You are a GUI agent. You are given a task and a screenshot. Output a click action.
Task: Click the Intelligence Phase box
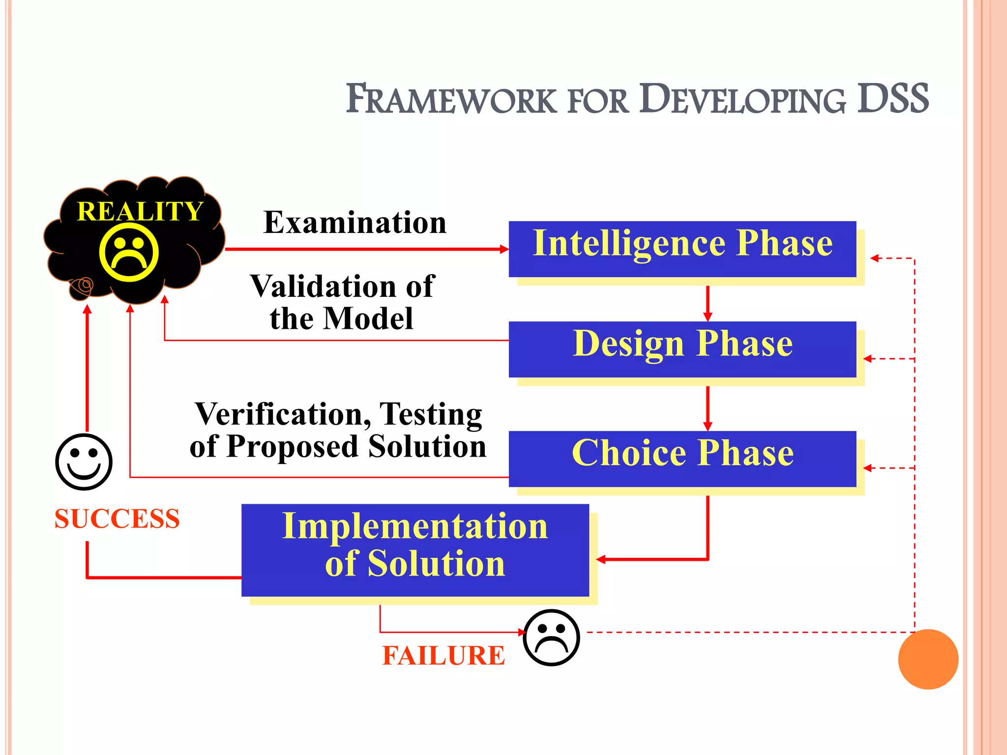click(x=682, y=249)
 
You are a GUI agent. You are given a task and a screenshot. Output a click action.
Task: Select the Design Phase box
click(x=682, y=349)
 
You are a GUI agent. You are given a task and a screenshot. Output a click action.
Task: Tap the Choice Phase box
click(x=682, y=458)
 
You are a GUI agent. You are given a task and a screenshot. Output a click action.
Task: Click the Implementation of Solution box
click(x=415, y=550)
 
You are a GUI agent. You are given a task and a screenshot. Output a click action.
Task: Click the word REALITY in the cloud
click(x=140, y=211)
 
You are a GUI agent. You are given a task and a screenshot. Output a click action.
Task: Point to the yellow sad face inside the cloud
click(x=129, y=253)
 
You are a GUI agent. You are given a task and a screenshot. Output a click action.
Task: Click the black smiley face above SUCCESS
click(x=84, y=462)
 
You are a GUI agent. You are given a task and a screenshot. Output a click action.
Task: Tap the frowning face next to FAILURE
click(x=551, y=638)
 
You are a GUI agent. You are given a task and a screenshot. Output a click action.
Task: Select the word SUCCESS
click(x=117, y=519)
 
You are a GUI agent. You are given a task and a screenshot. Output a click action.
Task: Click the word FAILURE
click(x=443, y=656)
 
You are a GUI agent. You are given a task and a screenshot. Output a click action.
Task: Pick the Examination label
click(x=355, y=222)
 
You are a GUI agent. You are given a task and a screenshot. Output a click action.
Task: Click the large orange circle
click(x=928, y=659)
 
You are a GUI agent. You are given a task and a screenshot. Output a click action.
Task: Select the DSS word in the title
click(x=892, y=98)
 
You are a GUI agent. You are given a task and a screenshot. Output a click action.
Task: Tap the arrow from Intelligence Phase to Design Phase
click(x=708, y=303)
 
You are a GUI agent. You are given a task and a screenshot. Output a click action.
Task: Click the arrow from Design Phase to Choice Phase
click(x=708, y=408)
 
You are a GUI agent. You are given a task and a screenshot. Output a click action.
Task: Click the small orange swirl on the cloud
click(x=82, y=286)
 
